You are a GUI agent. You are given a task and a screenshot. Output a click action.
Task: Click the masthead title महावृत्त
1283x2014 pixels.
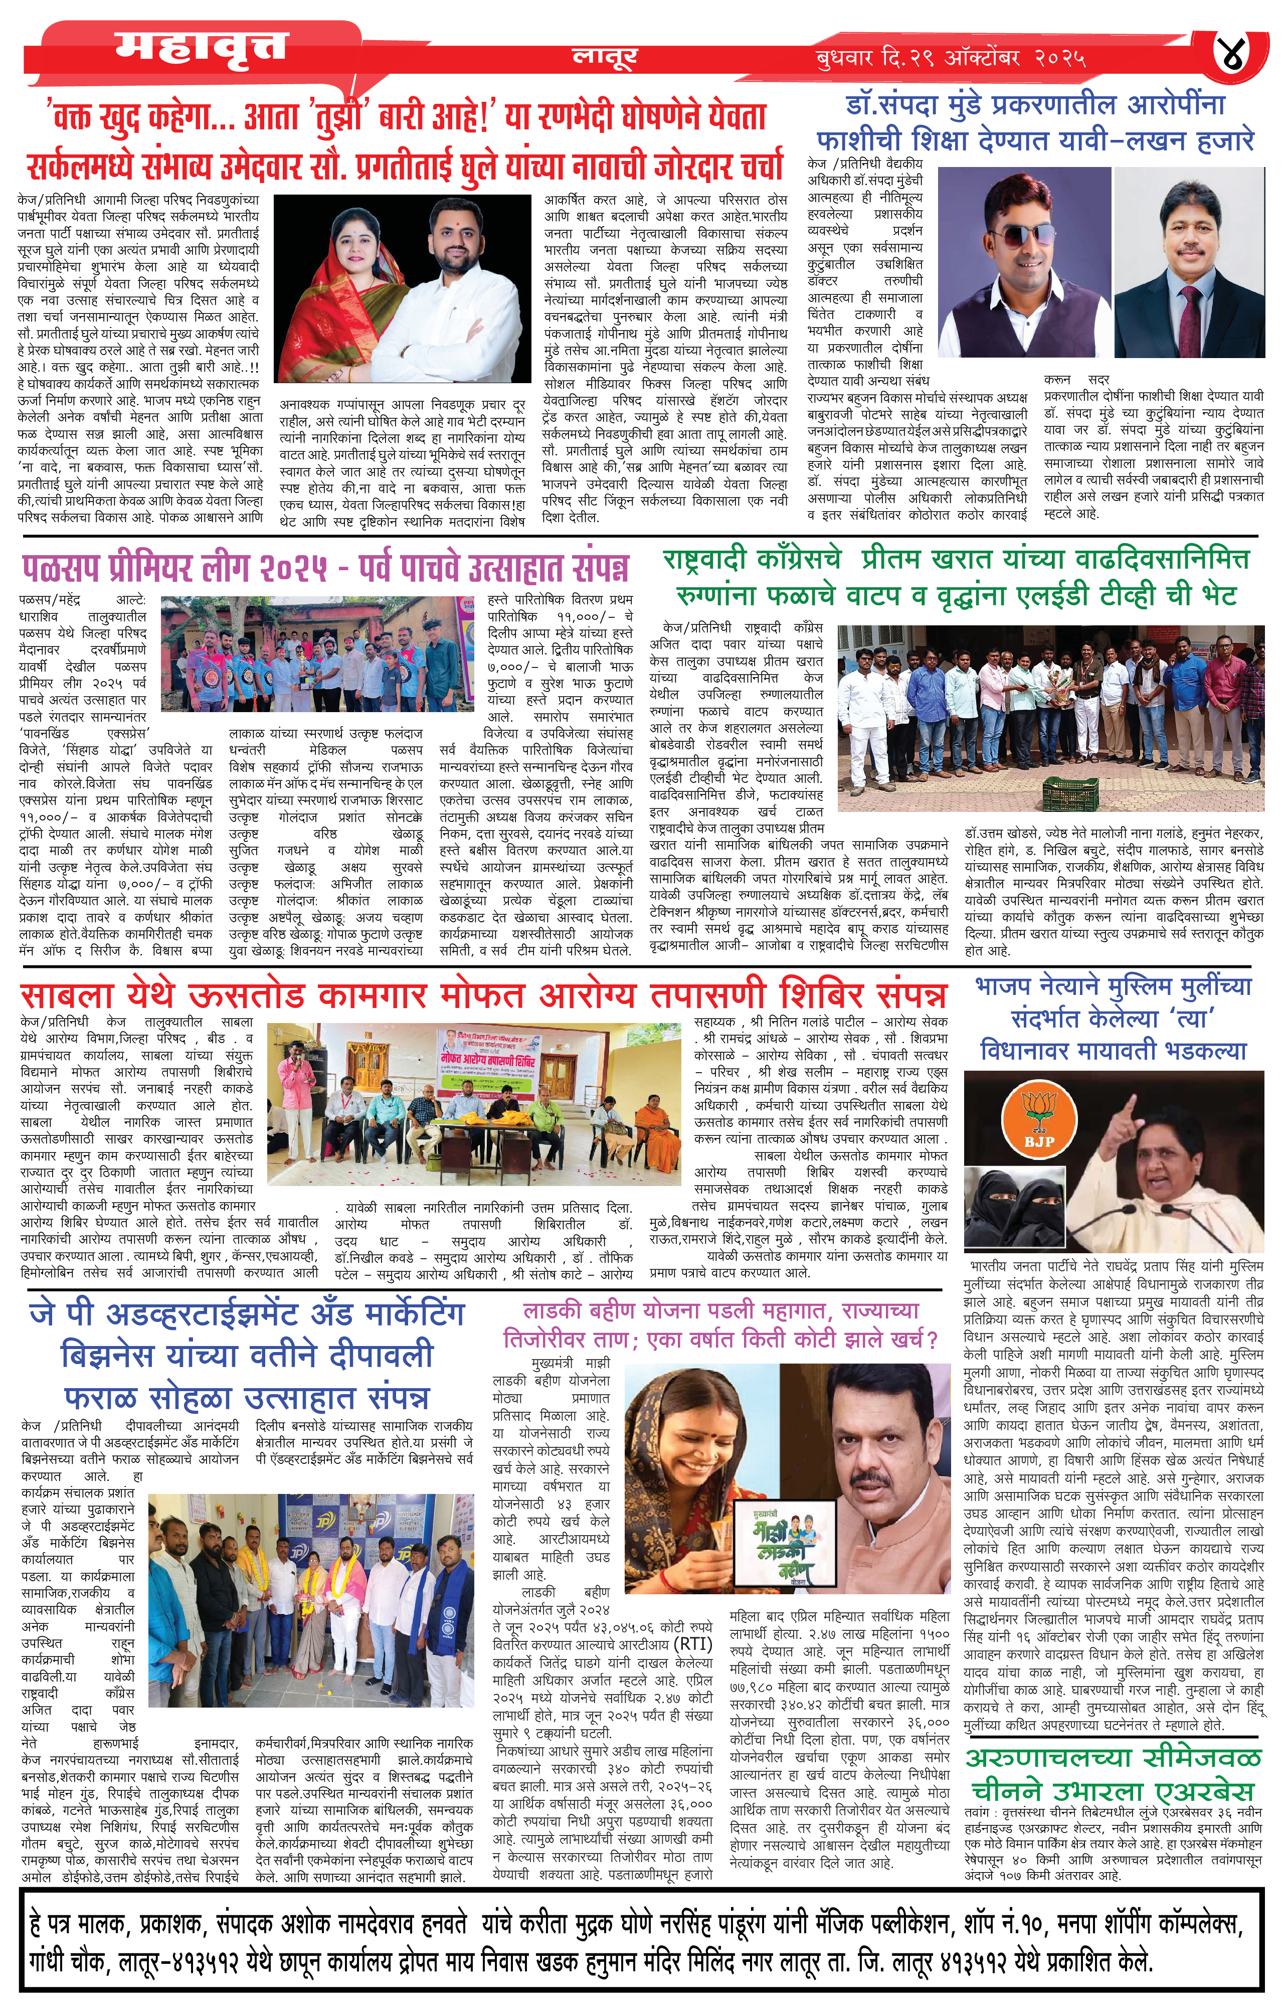(201, 48)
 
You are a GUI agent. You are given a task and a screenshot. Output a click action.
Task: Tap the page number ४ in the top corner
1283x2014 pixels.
(1237, 56)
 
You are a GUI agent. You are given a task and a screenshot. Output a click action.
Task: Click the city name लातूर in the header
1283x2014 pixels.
(605, 57)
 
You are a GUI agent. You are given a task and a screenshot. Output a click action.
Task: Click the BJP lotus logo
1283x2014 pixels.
(1040, 1116)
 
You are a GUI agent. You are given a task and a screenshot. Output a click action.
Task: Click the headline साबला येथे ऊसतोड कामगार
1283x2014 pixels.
(483, 995)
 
